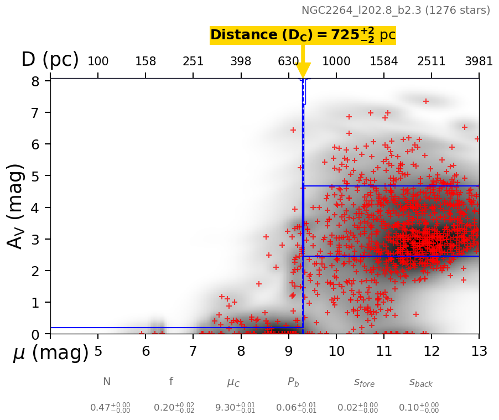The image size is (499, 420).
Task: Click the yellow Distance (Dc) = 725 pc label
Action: pyautogui.click(x=303, y=35)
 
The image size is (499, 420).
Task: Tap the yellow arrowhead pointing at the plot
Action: pyautogui.click(x=303, y=70)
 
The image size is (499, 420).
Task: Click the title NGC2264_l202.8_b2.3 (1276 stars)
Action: pyautogui.click(x=396, y=11)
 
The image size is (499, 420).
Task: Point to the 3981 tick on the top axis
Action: pyautogui.click(x=479, y=61)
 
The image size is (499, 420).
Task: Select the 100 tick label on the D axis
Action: pyautogui.click(x=98, y=61)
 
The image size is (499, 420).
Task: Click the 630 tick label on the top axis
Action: pyautogui.click(x=288, y=61)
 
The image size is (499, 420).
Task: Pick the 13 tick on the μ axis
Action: pyautogui.click(x=479, y=351)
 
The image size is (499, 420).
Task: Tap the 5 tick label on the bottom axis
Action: pyautogui.click(x=98, y=351)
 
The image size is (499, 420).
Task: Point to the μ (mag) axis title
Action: pyautogui.click(x=51, y=352)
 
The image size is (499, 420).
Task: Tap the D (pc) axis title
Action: pyautogui.click(x=50, y=60)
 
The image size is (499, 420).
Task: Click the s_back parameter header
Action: pyautogui.click(x=420, y=382)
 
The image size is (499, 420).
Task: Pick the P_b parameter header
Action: pyautogui.click(x=293, y=382)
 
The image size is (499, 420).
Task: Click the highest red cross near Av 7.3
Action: pyautogui.click(x=426, y=101)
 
